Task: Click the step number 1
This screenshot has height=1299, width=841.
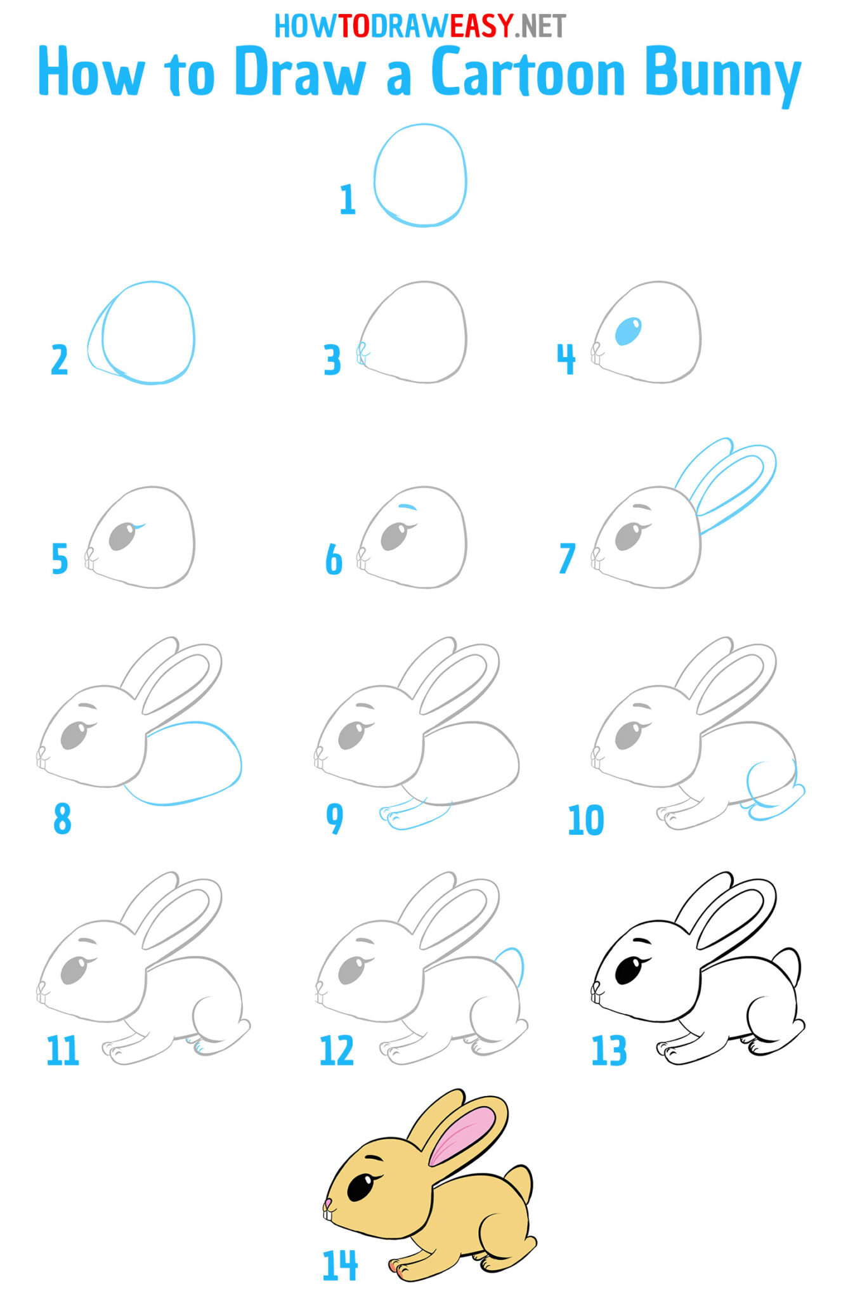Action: pos(347,200)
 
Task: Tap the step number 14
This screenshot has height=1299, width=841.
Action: pos(340,1265)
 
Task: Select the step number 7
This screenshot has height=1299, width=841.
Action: pos(566,558)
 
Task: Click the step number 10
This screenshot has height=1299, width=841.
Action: pos(585,820)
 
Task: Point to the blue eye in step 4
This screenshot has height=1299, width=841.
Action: pos(628,331)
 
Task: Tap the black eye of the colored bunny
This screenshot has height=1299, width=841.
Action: pos(360,1187)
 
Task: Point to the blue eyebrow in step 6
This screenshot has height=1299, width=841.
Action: pos(407,507)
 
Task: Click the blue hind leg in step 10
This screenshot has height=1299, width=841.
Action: pos(771,793)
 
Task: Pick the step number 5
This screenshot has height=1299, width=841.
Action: pos(60,559)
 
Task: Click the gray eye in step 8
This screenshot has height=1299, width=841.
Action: pos(74,736)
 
